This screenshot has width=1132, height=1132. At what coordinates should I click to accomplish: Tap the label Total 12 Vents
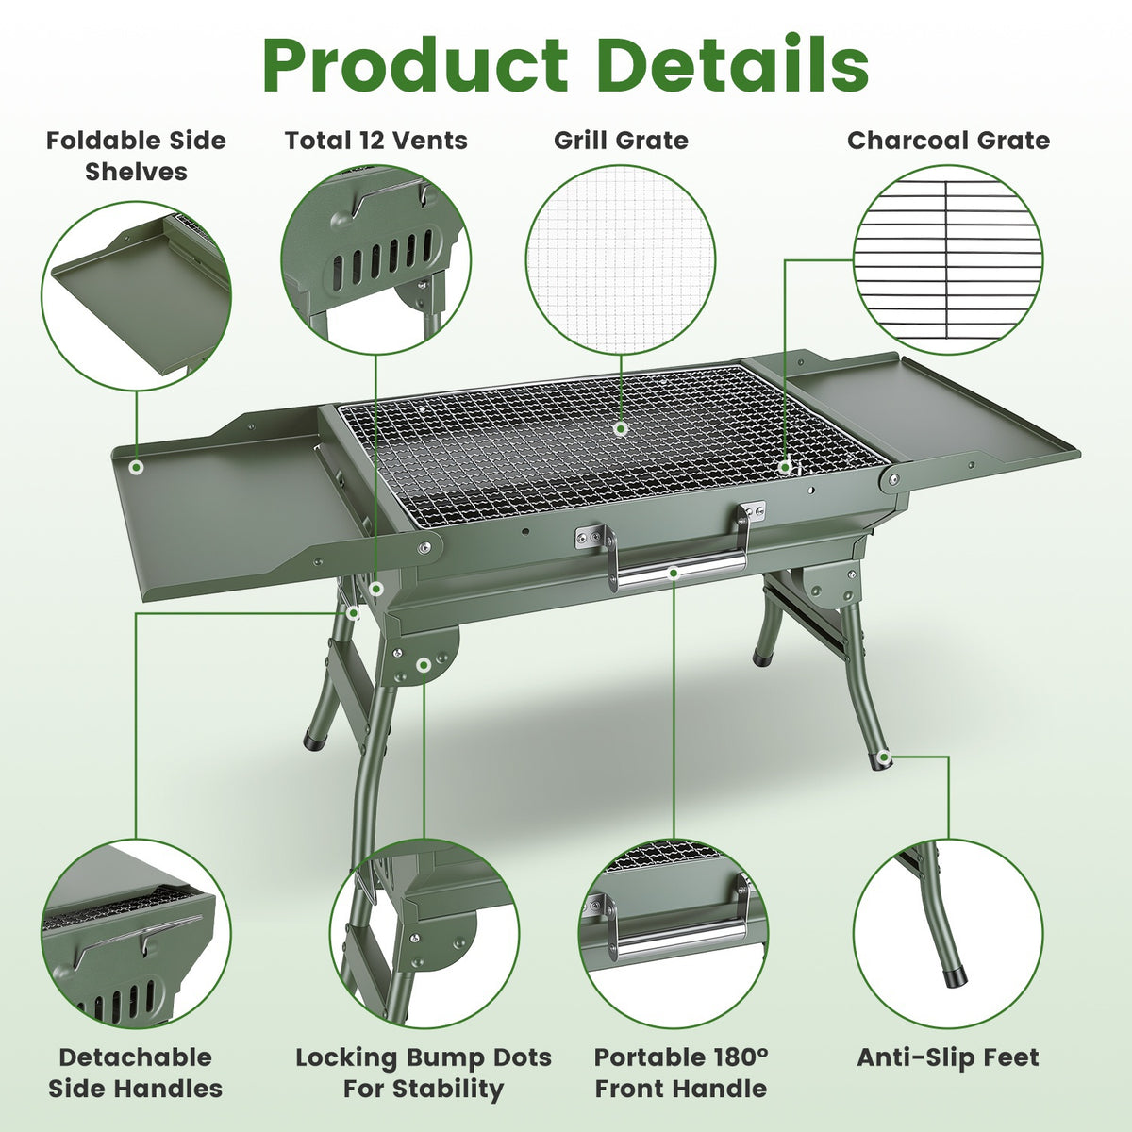(376, 141)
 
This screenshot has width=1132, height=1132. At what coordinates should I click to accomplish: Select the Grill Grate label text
(621, 141)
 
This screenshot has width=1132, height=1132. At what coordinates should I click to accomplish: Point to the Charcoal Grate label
(948, 141)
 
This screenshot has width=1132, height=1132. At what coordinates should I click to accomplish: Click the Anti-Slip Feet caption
(947, 1057)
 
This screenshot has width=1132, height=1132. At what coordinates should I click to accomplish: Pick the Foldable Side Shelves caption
(136, 157)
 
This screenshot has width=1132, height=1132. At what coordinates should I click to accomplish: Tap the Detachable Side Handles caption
(135, 1073)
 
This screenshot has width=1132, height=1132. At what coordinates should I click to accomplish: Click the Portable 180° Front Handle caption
(681, 1073)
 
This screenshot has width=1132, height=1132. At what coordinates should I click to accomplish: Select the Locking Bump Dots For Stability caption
(424, 1073)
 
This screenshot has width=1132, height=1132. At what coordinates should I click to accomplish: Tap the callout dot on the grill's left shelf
(137, 468)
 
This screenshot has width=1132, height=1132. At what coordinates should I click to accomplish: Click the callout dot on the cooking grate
(621, 428)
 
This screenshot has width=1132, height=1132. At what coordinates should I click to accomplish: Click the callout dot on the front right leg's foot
(883, 757)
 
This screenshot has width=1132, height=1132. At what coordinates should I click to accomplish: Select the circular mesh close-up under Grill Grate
(621, 259)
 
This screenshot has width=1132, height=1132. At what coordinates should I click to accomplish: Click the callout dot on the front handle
(674, 573)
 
